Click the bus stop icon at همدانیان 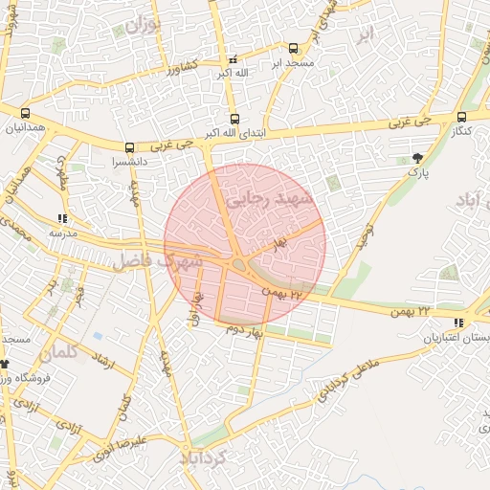click(x=24, y=114)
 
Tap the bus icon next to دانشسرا click(x=129, y=148)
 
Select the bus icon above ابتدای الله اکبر click(x=235, y=119)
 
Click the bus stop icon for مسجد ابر click(x=292, y=48)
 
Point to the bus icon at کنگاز click(x=465, y=114)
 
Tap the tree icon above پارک click(x=416, y=158)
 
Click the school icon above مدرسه click(x=62, y=219)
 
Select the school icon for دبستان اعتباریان click(x=459, y=323)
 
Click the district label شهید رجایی click(x=279, y=197)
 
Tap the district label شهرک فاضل click(x=158, y=260)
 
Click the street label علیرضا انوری click(x=120, y=451)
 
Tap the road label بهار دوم click(x=244, y=330)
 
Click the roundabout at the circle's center click(x=239, y=265)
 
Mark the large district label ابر click(x=363, y=35)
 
